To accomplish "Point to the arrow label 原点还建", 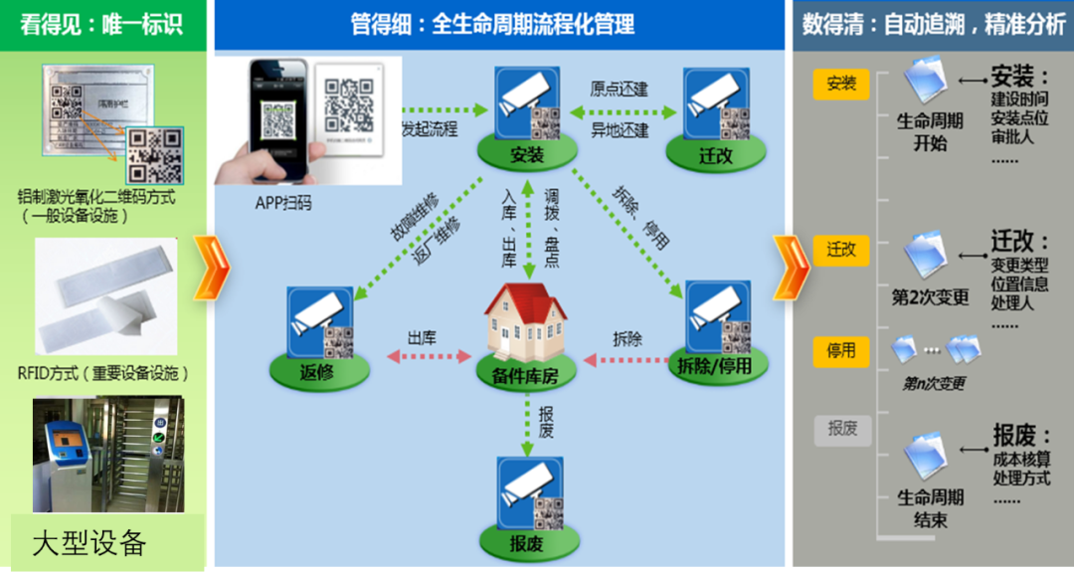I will point(619,90).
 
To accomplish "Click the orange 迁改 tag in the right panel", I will point(841,250).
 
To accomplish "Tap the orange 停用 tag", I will point(841,351).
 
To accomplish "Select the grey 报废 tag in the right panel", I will point(841,429).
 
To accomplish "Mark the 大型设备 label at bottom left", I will point(89,543).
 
